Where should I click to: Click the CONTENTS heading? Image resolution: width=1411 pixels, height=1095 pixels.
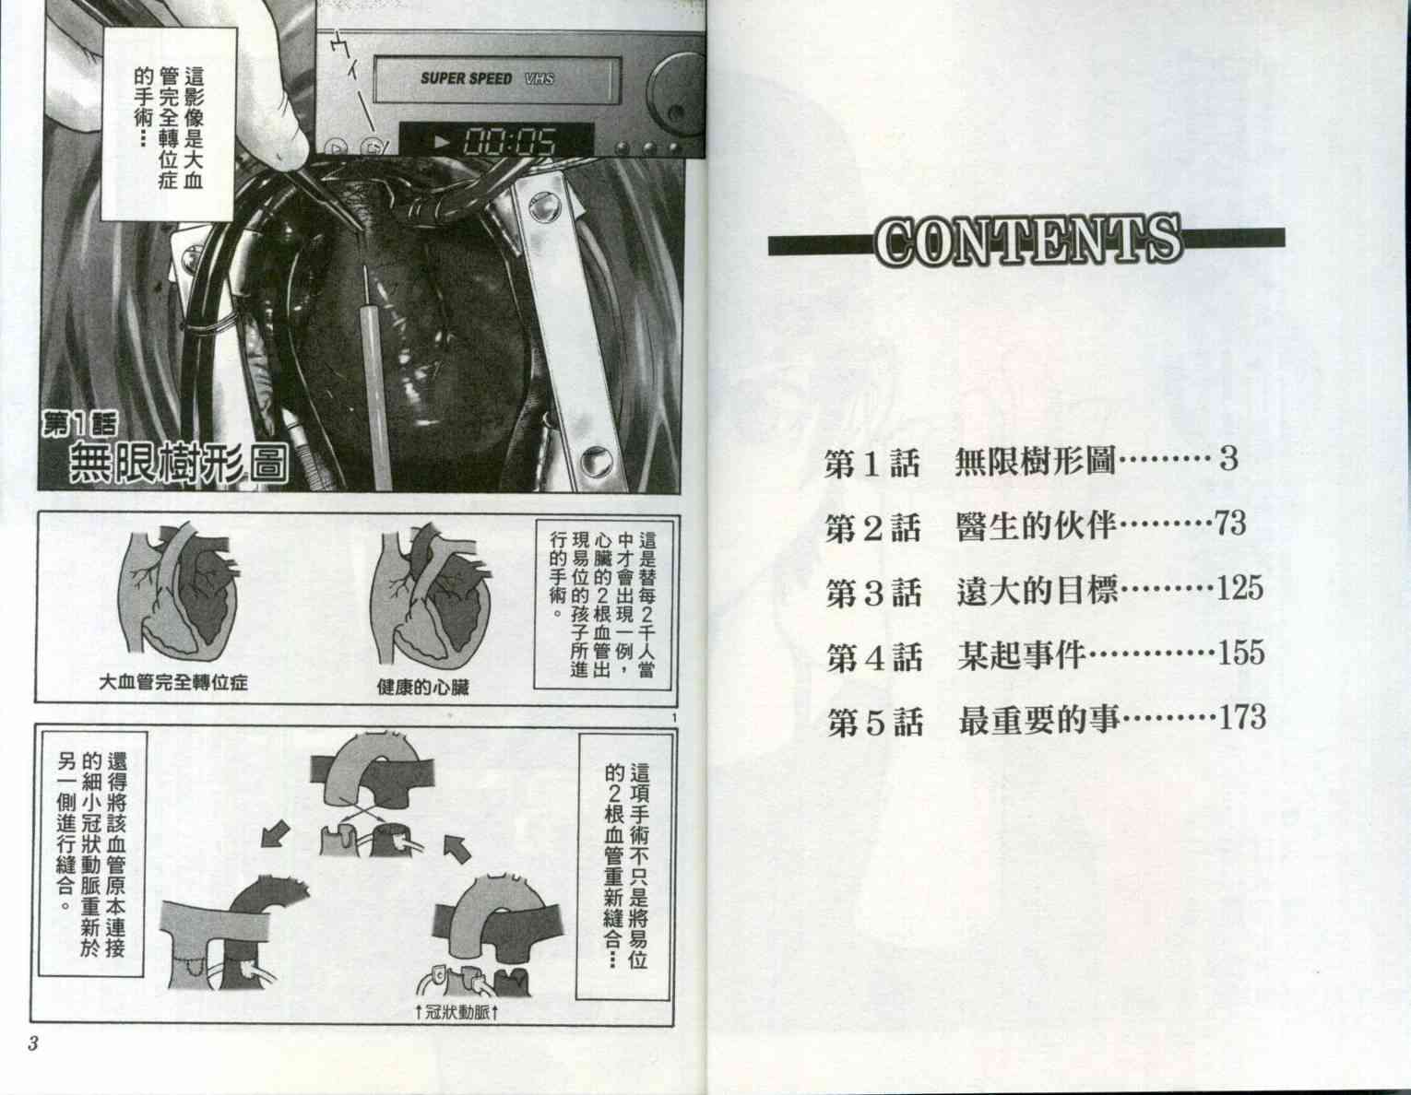1028,241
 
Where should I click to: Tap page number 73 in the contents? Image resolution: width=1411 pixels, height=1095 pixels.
1230,523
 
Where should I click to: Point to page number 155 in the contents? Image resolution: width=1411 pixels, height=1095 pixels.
1241,653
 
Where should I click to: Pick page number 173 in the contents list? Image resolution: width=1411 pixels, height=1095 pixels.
1242,717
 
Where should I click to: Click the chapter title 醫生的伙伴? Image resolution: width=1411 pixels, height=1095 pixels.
1037,526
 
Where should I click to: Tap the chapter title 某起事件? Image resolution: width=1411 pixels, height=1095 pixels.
1022,656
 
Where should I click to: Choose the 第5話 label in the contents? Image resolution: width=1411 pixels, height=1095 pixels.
875,722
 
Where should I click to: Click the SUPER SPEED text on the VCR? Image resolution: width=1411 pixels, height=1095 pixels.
466,78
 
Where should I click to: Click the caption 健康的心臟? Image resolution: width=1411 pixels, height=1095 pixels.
422,687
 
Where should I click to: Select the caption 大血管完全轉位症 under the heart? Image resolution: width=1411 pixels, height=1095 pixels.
173,682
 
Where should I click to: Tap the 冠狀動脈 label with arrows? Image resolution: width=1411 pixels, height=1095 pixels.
456,1012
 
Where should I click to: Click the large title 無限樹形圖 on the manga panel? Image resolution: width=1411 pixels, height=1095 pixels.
178,463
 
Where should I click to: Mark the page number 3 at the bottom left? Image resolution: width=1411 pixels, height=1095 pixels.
33,1043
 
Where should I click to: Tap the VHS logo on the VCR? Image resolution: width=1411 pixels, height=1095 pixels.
539,78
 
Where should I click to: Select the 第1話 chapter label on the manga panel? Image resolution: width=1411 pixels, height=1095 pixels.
80,424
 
